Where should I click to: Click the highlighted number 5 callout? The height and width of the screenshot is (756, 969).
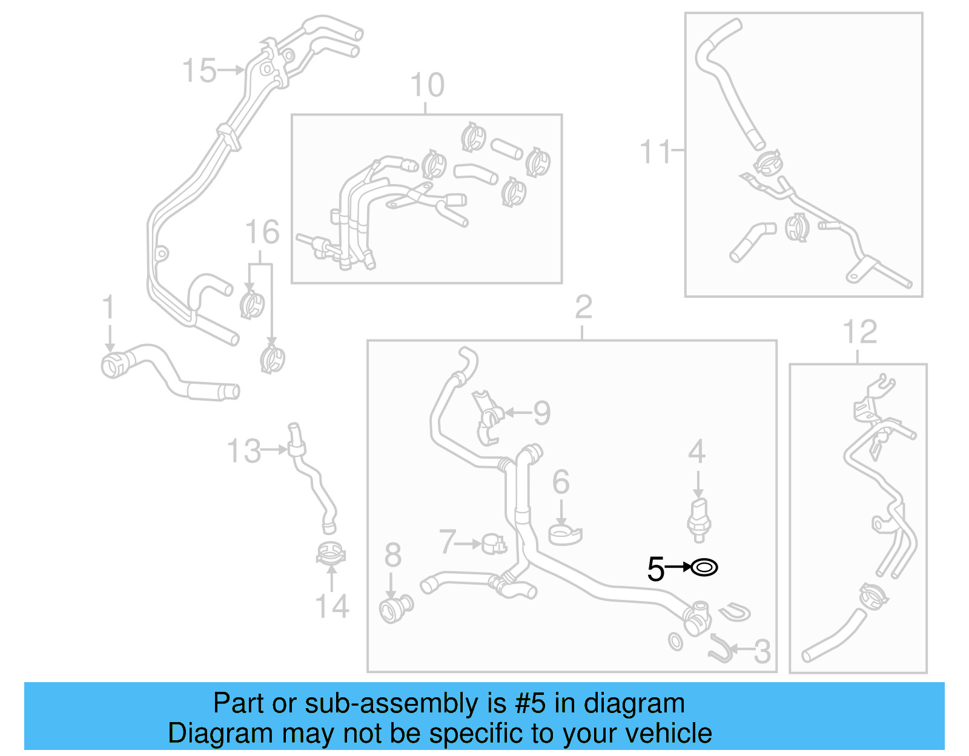(655, 569)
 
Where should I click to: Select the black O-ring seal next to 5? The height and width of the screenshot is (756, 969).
(704, 568)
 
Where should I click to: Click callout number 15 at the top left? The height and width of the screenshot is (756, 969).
(199, 70)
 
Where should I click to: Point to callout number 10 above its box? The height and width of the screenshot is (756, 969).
(427, 85)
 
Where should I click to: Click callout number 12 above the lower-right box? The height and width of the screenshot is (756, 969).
(859, 332)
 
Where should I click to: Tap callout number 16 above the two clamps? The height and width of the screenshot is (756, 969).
(262, 232)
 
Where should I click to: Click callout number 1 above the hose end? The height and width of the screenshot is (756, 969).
(108, 307)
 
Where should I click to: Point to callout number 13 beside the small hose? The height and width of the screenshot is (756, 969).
(243, 451)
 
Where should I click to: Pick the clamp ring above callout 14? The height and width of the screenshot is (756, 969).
(331, 553)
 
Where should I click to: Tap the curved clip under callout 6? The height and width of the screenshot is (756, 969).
(564, 534)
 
